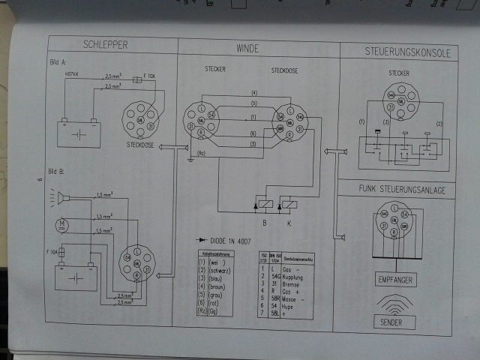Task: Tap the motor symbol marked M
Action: point(62,223)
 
